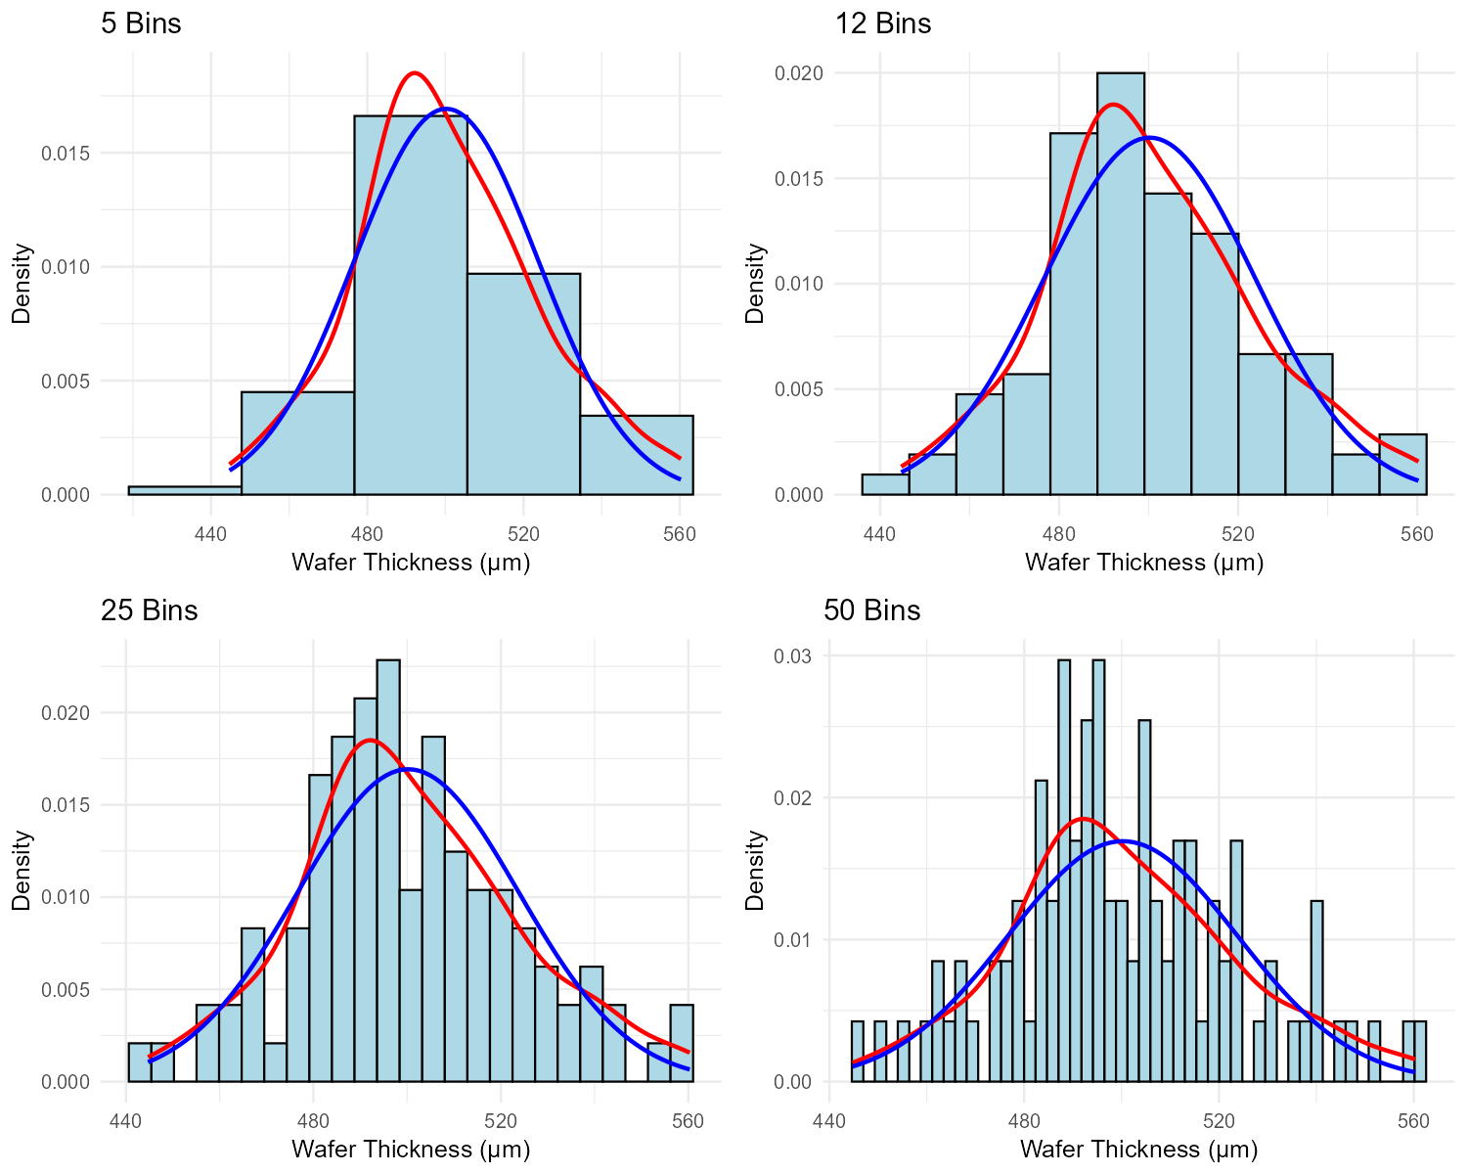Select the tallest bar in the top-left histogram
pyautogui.click(x=410, y=313)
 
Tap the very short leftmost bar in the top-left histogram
pyautogui.click(x=185, y=490)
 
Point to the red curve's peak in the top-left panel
pyautogui.click(x=415, y=72)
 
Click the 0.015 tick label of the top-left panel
pyautogui.click(x=66, y=154)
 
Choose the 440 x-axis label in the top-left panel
pyautogui.click(x=211, y=534)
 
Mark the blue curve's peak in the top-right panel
pyautogui.click(x=1150, y=137)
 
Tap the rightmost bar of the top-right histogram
pyautogui.click(x=1402, y=466)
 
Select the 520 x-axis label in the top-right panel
pyautogui.click(x=1238, y=534)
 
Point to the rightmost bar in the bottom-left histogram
pyautogui.click(x=682, y=1044)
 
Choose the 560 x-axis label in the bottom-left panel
pyautogui.click(x=689, y=1121)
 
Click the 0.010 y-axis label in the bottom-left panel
pyautogui.click(x=66, y=898)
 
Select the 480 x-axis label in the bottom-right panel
pyautogui.click(x=1024, y=1121)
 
